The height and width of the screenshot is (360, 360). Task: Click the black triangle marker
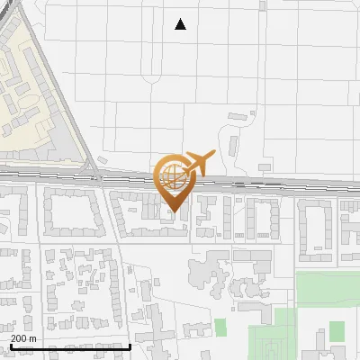coord(180,24)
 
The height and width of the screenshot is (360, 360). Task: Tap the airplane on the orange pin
coord(198,163)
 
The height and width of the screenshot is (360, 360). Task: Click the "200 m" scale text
coord(23,337)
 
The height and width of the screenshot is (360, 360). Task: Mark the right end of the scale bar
coord(130,346)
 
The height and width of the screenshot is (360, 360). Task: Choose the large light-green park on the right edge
coord(328,289)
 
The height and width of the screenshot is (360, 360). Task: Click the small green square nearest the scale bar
coord(220,328)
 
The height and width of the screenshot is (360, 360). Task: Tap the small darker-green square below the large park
coord(337,331)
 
